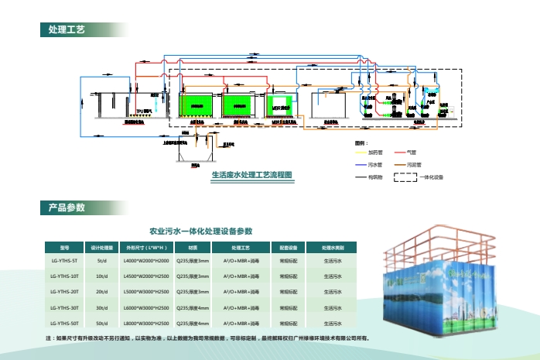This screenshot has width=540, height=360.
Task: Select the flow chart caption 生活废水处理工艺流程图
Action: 252,175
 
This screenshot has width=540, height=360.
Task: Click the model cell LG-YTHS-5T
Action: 64,261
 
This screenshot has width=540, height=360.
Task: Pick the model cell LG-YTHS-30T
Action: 64,307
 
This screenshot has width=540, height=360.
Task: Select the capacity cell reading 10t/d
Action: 102,276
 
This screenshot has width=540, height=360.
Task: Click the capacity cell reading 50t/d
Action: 102,323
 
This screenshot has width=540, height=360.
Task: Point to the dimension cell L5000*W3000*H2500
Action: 146,292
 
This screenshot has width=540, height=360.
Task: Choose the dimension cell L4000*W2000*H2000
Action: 146,261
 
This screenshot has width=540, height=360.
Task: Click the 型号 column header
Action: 64,247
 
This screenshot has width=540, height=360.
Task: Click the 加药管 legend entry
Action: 375,153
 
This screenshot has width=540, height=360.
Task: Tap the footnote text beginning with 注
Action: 209,338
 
